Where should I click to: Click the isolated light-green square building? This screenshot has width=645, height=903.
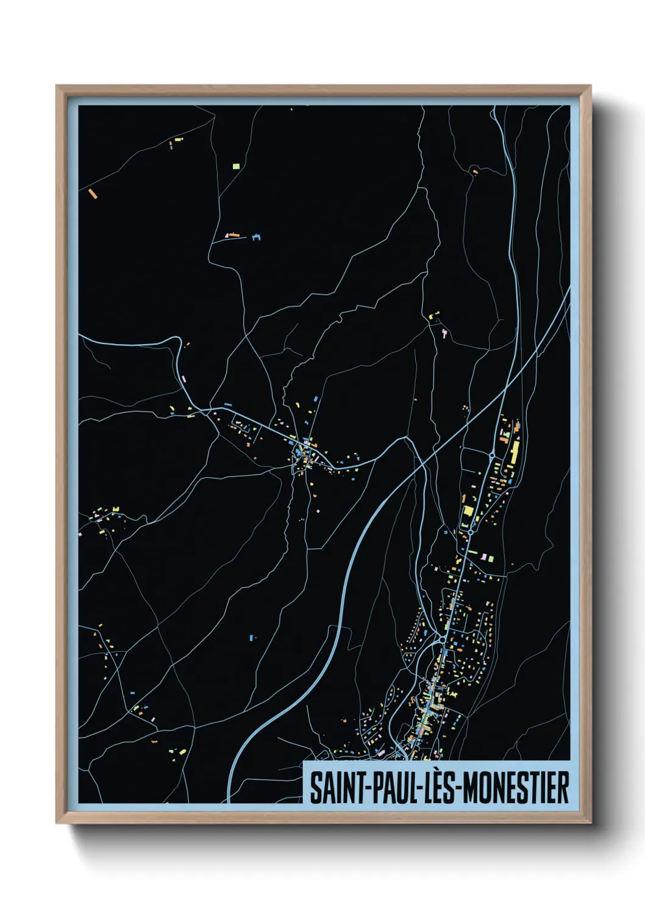click(236, 165)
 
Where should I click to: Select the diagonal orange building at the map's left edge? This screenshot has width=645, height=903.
click(93, 193)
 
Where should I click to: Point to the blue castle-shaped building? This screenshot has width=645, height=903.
click(256, 237)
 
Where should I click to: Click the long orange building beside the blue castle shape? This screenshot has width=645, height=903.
click(232, 234)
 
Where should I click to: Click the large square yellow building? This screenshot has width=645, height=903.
click(469, 511)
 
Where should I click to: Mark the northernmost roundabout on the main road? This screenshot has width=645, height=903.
click(492, 455)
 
